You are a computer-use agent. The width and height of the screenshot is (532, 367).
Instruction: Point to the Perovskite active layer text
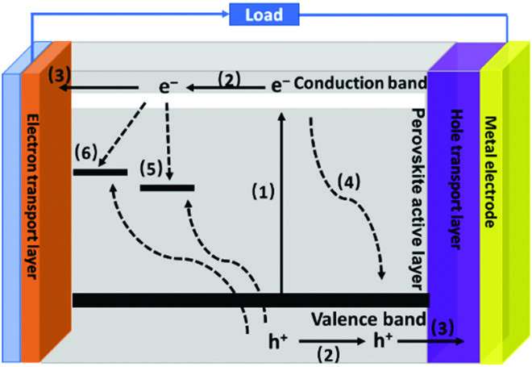[417, 198]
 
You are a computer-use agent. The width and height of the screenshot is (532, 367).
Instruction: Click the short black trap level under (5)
[167, 188]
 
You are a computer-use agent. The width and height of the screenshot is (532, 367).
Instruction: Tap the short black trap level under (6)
[100, 172]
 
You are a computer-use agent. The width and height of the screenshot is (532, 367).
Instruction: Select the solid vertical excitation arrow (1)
[281, 202]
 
